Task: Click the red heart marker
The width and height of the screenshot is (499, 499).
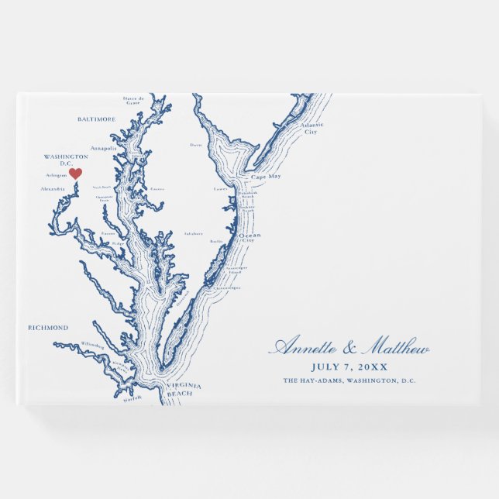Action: coord(75,174)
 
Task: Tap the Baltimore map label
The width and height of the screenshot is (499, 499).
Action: coord(96,119)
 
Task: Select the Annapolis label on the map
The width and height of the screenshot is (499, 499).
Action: coord(103,147)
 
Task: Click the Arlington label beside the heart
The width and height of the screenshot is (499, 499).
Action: coord(57,175)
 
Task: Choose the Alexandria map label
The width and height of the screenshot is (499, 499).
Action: coord(53,188)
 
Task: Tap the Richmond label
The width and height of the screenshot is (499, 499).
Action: coord(48,328)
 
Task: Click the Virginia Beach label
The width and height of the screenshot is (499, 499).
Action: coord(185,389)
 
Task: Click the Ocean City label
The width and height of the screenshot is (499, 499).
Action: coord(250,237)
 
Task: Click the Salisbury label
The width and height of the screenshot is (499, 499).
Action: coord(194,232)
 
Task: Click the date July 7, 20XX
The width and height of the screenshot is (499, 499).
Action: coord(349,367)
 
